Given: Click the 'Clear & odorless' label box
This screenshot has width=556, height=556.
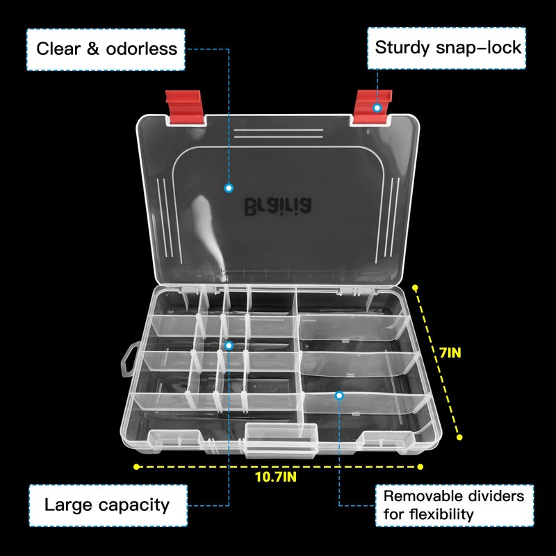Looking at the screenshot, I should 106,49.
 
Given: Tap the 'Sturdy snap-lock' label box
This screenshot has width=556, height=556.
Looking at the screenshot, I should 448,48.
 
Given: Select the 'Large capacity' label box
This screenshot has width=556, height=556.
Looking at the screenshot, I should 106,505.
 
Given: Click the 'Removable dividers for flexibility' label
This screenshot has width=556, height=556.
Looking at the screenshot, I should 455,505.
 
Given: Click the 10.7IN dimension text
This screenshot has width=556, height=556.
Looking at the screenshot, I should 276,477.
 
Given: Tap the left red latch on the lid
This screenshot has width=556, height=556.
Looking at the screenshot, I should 183,106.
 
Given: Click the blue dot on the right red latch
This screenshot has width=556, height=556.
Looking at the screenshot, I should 377,108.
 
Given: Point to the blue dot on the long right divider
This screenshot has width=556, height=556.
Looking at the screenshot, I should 339,395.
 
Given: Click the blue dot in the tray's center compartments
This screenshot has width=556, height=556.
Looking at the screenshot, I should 229,345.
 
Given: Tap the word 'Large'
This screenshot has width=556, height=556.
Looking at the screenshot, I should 68,505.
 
